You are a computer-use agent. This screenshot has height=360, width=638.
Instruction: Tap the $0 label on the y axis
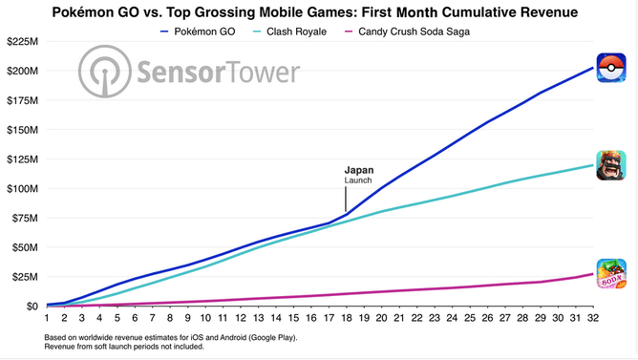[x=30, y=307]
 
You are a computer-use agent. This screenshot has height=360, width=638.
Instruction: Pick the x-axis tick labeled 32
[x=594, y=319]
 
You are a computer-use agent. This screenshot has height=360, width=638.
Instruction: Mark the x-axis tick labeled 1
[x=46, y=319]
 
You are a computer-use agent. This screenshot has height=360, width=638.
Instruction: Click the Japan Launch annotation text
[x=359, y=175]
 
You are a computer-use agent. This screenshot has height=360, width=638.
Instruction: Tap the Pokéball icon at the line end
[x=610, y=68]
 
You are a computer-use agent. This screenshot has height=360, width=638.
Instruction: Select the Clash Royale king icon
[x=610, y=164]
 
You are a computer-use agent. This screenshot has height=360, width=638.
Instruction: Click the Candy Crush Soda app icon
[x=610, y=274]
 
